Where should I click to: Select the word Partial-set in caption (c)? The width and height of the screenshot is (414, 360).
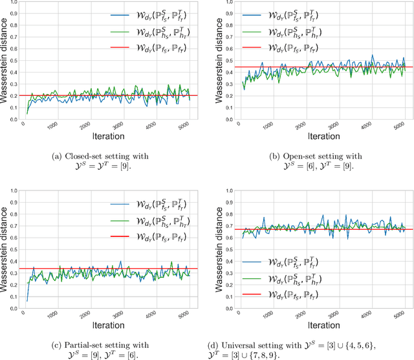[86, 344]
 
